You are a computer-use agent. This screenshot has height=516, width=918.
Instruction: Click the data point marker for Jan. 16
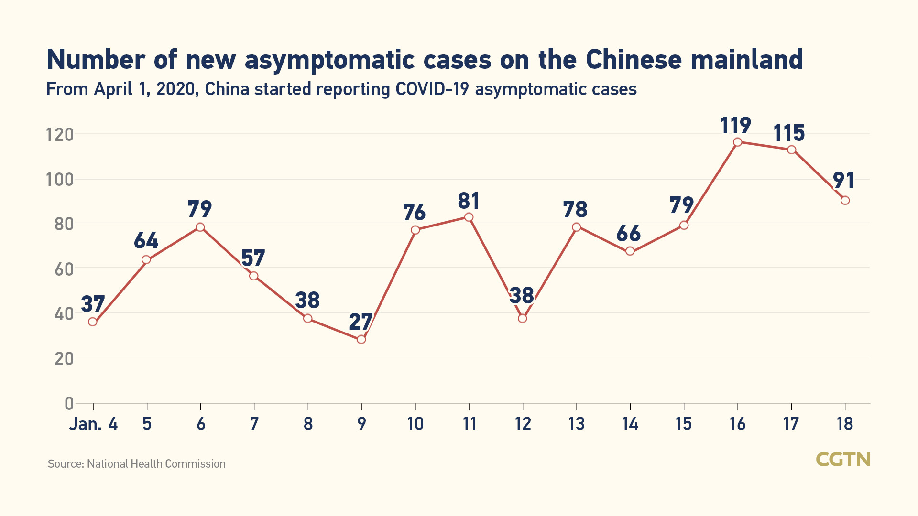737,142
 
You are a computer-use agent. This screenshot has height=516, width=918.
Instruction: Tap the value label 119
735,125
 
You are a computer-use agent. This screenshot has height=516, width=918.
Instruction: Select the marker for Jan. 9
361,339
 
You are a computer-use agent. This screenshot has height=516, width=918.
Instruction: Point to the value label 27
361,322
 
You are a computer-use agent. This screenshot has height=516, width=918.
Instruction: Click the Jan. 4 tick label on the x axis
94,423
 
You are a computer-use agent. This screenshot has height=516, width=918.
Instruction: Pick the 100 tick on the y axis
60,180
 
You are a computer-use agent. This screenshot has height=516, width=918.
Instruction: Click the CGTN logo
843,459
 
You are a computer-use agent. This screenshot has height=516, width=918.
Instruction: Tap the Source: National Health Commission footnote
137,464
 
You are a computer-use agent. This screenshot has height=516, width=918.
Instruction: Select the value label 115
789,133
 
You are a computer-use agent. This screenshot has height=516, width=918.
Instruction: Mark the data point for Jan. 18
845,200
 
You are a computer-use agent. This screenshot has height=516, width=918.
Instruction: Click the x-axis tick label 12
523,423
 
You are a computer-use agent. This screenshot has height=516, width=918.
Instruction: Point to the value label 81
469,201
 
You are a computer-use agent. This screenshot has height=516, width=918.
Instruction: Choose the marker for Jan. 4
93,322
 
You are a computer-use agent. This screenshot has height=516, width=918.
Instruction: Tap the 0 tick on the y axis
69,404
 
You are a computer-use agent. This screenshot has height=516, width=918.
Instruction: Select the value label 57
253,258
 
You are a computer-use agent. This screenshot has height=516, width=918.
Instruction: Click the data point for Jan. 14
630,251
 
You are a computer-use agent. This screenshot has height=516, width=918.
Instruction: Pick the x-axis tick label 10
415,423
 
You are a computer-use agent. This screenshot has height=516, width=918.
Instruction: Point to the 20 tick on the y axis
64,358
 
